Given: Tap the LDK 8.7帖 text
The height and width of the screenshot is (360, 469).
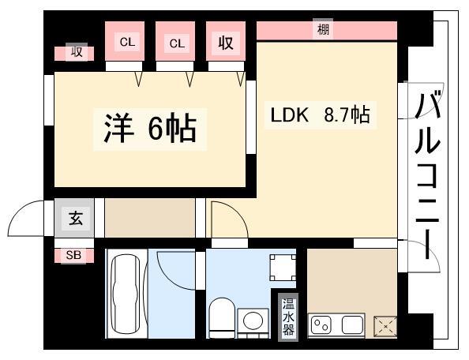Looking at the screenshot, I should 321,115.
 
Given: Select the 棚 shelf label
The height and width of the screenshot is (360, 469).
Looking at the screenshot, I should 324,30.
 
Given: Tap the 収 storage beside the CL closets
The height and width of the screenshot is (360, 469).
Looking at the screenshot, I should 226,43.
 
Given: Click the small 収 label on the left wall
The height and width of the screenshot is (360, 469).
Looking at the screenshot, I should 76,53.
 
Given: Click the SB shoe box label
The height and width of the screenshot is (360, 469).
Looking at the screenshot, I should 73,254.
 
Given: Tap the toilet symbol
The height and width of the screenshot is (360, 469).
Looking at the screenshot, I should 221,316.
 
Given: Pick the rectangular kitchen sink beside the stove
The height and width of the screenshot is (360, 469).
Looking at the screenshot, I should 350,324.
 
